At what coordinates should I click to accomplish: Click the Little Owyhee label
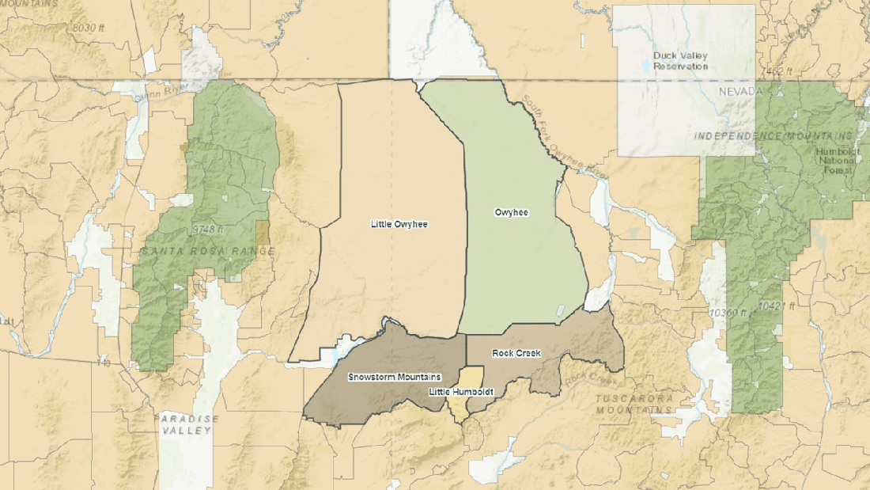click(399, 224)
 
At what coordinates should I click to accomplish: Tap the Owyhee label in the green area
click(511, 212)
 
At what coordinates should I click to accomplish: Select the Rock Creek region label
click(516, 353)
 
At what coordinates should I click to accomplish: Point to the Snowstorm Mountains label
click(395, 377)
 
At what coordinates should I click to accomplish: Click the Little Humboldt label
click(461, 392)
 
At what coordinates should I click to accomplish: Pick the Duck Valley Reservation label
click(681, 61)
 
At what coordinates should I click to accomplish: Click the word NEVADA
click(739, 92)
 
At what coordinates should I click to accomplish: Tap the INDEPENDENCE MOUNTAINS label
click(774, 136)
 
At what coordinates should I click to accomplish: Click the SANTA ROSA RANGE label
click(208, 252)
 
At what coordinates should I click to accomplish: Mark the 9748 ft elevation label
click(208, 230)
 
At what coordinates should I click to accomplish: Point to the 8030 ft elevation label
click(88, 28)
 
